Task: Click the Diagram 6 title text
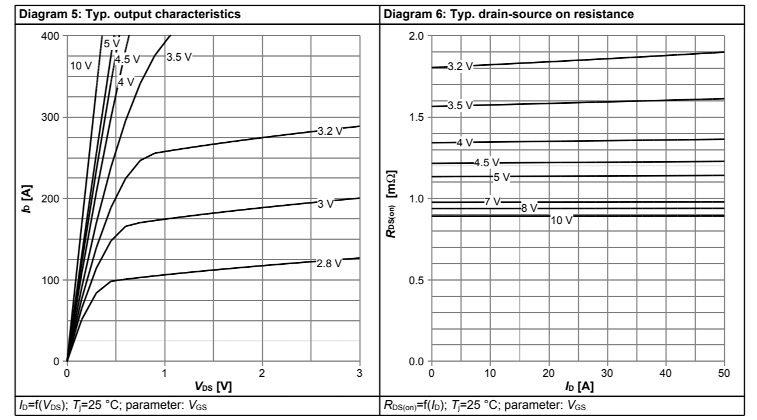point(508,15)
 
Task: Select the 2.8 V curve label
point(329,264)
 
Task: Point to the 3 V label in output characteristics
point(326,204)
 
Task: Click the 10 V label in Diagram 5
point(81,66)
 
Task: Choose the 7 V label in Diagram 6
point(492,201)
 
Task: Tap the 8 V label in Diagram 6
point(529,208)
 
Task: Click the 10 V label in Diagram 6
point(562,220)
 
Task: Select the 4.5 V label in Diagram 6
point(487,163)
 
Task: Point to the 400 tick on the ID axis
point(51,36)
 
